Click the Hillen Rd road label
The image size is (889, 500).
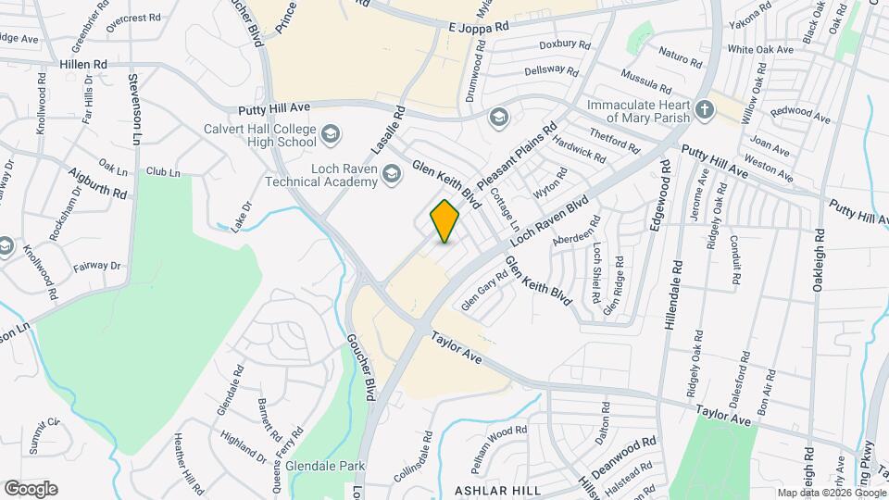click(x=83, y=64)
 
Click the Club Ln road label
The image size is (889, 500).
click(x=162, y=172)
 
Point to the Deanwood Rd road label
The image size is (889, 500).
click(x=623, y=454)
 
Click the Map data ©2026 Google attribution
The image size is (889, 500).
click(x=830, y=493)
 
